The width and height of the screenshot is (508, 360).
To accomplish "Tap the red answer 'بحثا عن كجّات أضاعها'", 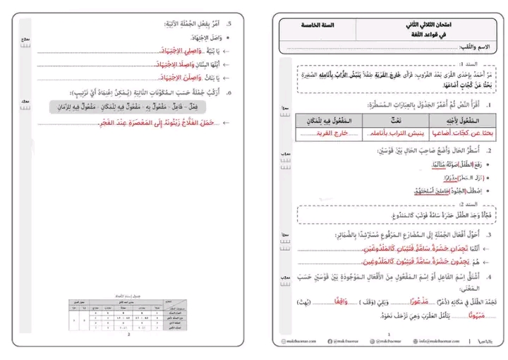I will pos(462,133).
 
